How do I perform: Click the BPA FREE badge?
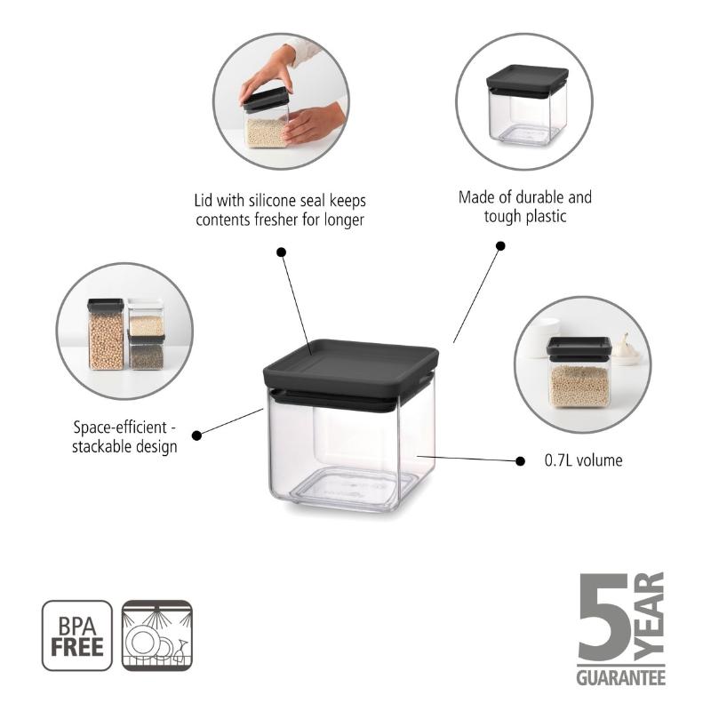click(x=77, y=635)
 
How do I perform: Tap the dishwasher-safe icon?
click(x=157, y=635)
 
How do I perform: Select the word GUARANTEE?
click(x=620, y=677)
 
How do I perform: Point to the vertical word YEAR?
click(x=649, y=616)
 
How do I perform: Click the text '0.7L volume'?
click(x=584, y=460)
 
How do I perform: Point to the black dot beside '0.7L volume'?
click(x=520, y=461)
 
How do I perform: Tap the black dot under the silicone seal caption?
click(x=281, y=252)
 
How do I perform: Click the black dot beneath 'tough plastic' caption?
click(x=500, y=246)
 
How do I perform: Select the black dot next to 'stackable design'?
click(x=196, y=435)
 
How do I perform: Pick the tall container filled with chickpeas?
click(x=106, y=334)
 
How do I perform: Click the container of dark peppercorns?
click(x=147, y=353)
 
